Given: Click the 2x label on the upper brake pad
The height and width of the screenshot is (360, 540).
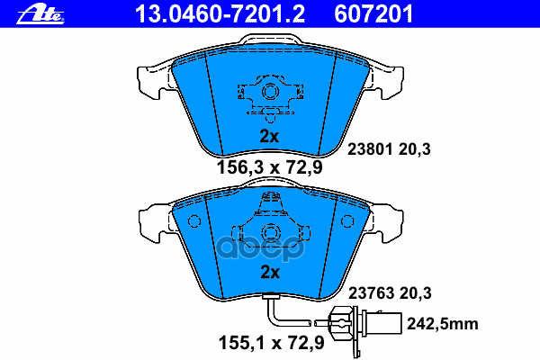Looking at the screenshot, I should [x=270, y=136].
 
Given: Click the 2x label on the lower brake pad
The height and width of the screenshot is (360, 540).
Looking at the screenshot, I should [x=270, y=271].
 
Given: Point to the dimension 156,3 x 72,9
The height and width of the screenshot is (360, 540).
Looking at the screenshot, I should [x=269, y=166].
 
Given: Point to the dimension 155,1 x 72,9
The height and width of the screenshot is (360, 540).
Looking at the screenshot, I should [x=269, y=340].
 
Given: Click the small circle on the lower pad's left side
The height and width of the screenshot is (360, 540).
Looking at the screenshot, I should [x=190, y=221].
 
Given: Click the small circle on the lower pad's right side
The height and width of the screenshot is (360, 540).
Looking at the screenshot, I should [x=348, y=221].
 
